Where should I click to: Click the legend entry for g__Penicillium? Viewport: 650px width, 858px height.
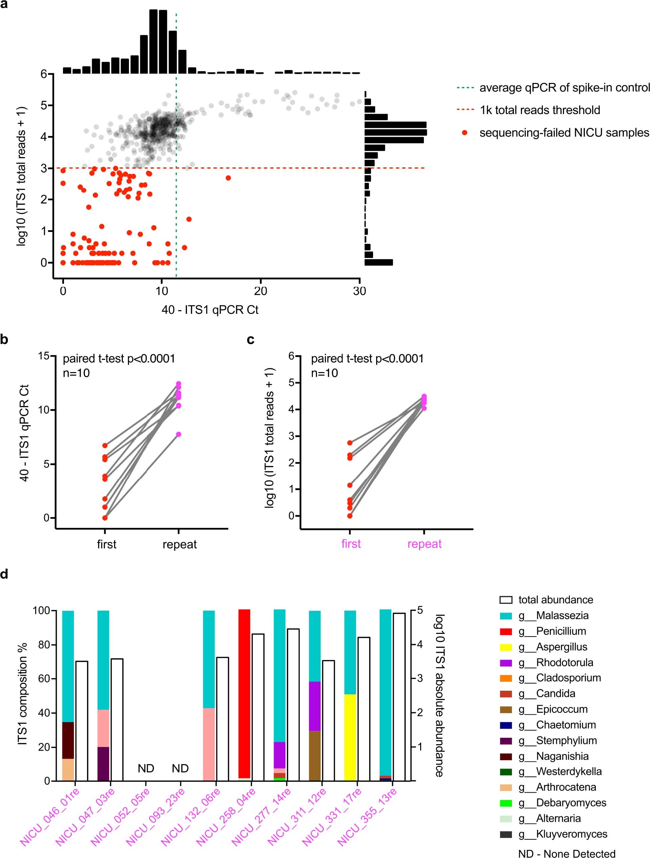(560, 631)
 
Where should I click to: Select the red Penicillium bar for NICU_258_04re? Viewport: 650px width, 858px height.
(244, 694)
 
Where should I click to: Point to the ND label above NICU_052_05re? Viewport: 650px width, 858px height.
(146, 768)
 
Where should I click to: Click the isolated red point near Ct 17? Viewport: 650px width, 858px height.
(228, 178)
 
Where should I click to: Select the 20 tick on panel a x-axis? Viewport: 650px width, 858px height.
(260, 291)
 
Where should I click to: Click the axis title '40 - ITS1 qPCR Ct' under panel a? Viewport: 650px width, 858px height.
(210, 309)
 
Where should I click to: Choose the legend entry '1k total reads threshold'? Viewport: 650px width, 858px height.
(540, 110)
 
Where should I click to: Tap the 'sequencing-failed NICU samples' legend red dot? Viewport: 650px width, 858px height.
(464, 133)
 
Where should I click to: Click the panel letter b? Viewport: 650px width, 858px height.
(4, 339)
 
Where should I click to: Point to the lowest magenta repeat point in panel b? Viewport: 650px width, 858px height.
(178, 434)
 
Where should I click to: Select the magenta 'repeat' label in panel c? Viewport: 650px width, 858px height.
(424, 544)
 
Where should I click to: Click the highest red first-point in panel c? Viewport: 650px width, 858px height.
(350, 443)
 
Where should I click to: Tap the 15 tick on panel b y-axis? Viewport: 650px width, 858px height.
(44, 356)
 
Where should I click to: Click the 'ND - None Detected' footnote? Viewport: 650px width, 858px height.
(567, 853)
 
